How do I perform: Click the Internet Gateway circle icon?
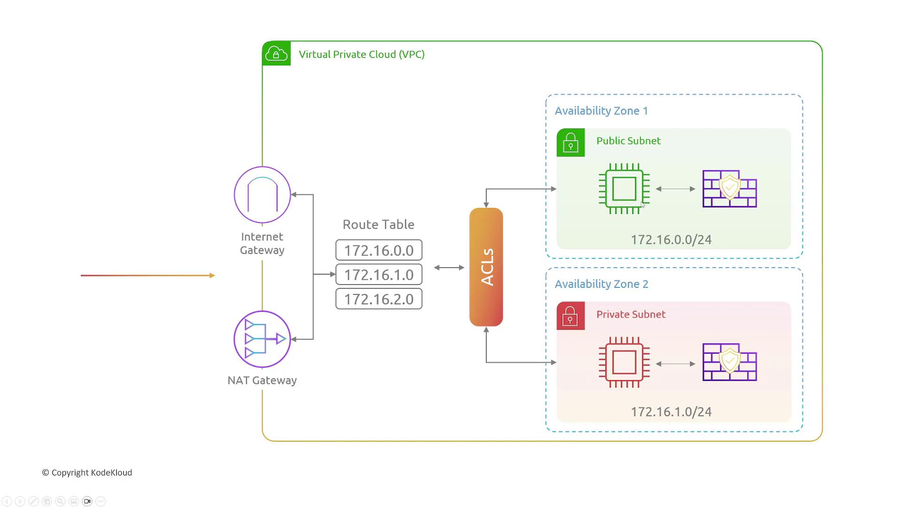coord(262,195)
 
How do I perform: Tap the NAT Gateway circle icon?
coord(262,339)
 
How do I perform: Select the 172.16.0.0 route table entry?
coord(379,250)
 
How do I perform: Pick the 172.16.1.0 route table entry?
coord(379,275)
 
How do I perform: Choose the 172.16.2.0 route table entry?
coord(379,299)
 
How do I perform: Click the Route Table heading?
coord(378,224)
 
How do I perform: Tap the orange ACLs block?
coord(486,267)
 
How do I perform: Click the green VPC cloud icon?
coord(277,54)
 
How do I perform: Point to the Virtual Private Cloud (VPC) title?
coord(362,55)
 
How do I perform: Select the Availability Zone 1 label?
coord(601,111)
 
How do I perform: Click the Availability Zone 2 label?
coord(601,284)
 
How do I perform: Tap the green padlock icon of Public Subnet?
coord(570,143)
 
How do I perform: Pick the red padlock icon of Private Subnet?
coord(570,316)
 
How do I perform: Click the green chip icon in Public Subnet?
coord(624,189)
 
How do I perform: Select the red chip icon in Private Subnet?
coord(624,362)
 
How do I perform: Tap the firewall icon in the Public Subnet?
coord(729,189)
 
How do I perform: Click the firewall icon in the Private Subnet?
coord(729,362)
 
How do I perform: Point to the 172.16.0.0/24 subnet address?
coord(671,240)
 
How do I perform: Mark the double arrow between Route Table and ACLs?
coord(449,268)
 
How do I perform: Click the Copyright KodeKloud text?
coord(87,473)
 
